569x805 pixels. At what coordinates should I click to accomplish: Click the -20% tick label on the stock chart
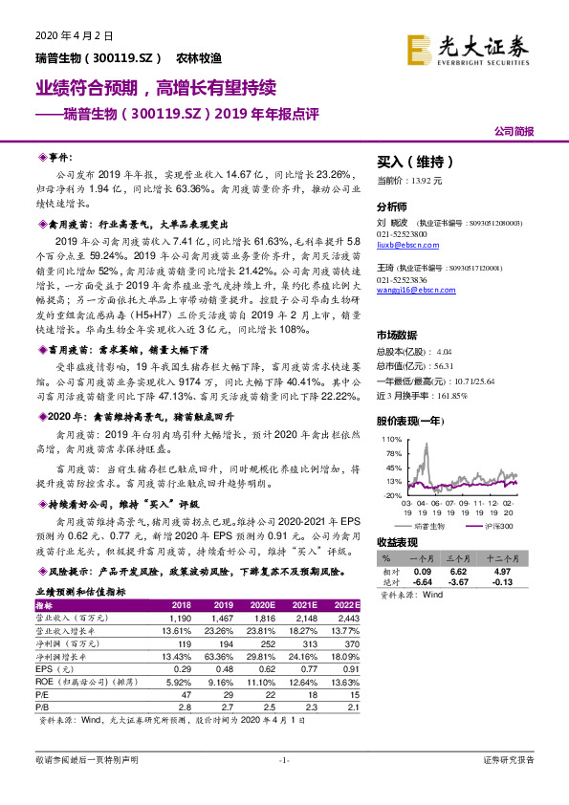point(390,495)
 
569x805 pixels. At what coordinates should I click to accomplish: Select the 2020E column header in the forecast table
point(262,605)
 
